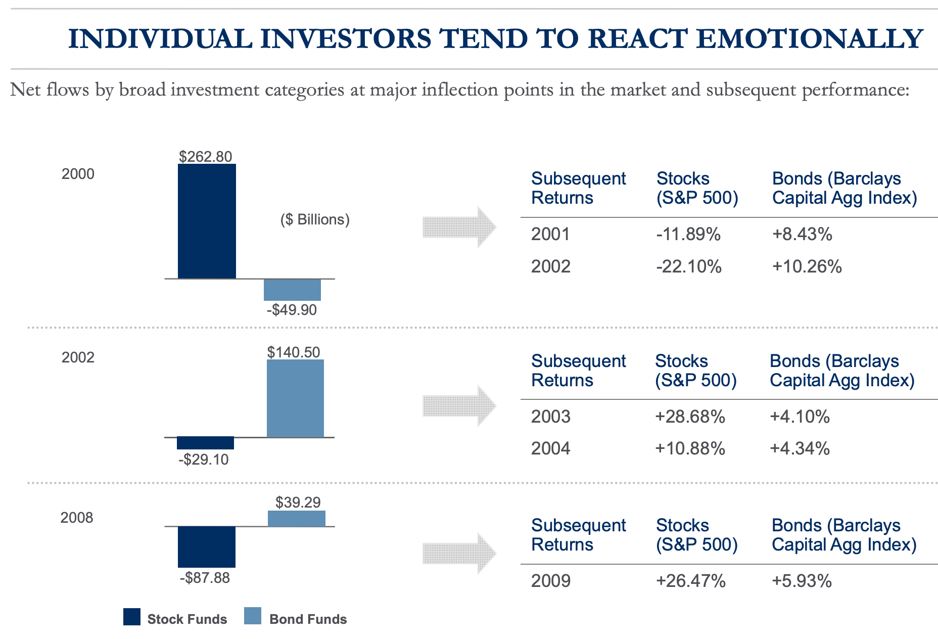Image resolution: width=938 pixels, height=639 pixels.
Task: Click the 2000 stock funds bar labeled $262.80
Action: pyautogui.click(x=207, y=221)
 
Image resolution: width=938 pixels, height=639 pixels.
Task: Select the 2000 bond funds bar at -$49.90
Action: pyautogui.click(x=292, y=290)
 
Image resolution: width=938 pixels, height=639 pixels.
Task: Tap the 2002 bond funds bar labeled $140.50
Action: pyautogui.click(x=295, y=398)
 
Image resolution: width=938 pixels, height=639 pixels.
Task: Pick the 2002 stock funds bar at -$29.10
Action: pyautogui.click(x=205, y=443)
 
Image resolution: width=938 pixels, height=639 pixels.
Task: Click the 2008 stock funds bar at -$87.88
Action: pyautogui.click(x=207, y=547)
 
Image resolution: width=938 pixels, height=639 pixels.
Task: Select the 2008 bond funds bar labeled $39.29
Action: pyautogui.click(x=296, y=519)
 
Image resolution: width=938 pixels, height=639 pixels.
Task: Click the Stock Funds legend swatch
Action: pyautogui.click(x=132, y=617)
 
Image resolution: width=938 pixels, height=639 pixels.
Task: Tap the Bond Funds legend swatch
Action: pyautogui.click(x=253, y=616)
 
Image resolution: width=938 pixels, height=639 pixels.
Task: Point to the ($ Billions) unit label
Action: pyautogui.click(x=315, y=219)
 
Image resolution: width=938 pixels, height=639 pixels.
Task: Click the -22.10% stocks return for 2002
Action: pyautogui.click(x=688, y=266)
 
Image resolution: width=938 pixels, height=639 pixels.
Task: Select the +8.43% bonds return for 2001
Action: pyautogui.click(x=802, y=234)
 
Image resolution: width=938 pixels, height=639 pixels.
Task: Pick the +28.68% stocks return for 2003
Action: pyautogui.click(x=690, y=417)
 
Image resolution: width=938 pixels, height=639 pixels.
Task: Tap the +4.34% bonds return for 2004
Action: pyautogui.click(x=800, y=448)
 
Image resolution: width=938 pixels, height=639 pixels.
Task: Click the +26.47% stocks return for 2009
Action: pyautogui.click(x=690, y=581)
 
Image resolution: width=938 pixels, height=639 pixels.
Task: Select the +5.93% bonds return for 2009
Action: pyautogui.click(x=801, y=581)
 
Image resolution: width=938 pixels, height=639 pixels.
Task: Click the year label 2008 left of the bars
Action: pyautogui.click(x=77, y=518)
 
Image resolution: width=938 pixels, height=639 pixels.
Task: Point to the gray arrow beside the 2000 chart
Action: pyautogui.click(x=459, y=227)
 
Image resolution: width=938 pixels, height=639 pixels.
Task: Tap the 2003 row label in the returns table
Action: pyautogui.click(x=550, y=417)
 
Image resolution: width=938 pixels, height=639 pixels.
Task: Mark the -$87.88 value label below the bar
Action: pyautogui.click(x=205, y=577)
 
